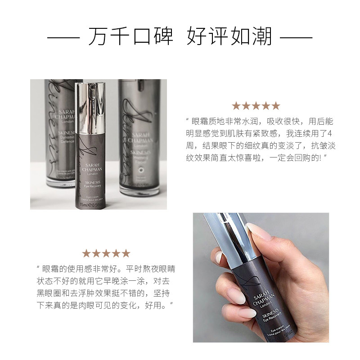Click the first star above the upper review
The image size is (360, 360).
(236, 106)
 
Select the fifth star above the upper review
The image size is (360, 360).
(275, 106)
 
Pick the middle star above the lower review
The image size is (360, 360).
(106, 253)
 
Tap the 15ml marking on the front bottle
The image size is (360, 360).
(84, 205)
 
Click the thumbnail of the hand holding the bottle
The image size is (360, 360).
(261, 277)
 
